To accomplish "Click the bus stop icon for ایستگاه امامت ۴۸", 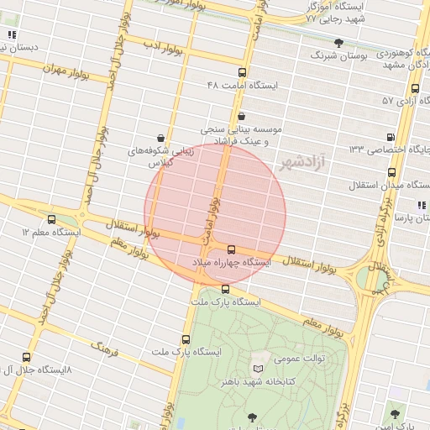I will coord(242,73).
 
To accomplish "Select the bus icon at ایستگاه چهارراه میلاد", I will coord(231,249).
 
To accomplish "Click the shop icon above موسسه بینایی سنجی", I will coord(242,116).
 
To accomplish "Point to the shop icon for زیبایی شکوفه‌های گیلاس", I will coord(160,137).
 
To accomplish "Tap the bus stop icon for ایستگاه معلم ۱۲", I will coord(52,218).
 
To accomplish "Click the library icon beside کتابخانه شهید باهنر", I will coord(258,369).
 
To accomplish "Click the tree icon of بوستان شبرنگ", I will coord(338,42).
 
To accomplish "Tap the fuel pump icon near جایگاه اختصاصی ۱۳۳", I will coord(390,136).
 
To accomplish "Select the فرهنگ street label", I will coord(107,346).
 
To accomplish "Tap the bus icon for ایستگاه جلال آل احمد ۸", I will coord(26,357).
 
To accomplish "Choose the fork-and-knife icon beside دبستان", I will coord(12,34).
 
